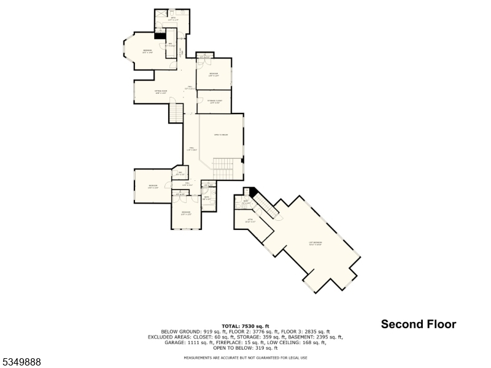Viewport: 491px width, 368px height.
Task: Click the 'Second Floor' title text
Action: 419,324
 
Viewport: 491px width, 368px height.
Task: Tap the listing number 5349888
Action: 21,362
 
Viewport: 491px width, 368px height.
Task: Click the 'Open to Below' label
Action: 221,135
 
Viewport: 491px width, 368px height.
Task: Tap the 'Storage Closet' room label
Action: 214,101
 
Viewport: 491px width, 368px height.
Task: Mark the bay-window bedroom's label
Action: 148,51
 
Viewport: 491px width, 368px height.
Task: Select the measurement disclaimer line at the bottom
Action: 245,358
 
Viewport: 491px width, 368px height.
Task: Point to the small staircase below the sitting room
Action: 177,113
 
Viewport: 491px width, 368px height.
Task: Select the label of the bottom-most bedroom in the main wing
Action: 187,213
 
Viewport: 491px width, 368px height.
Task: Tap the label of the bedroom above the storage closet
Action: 213,75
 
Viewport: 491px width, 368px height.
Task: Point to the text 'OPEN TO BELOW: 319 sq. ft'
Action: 245,348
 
